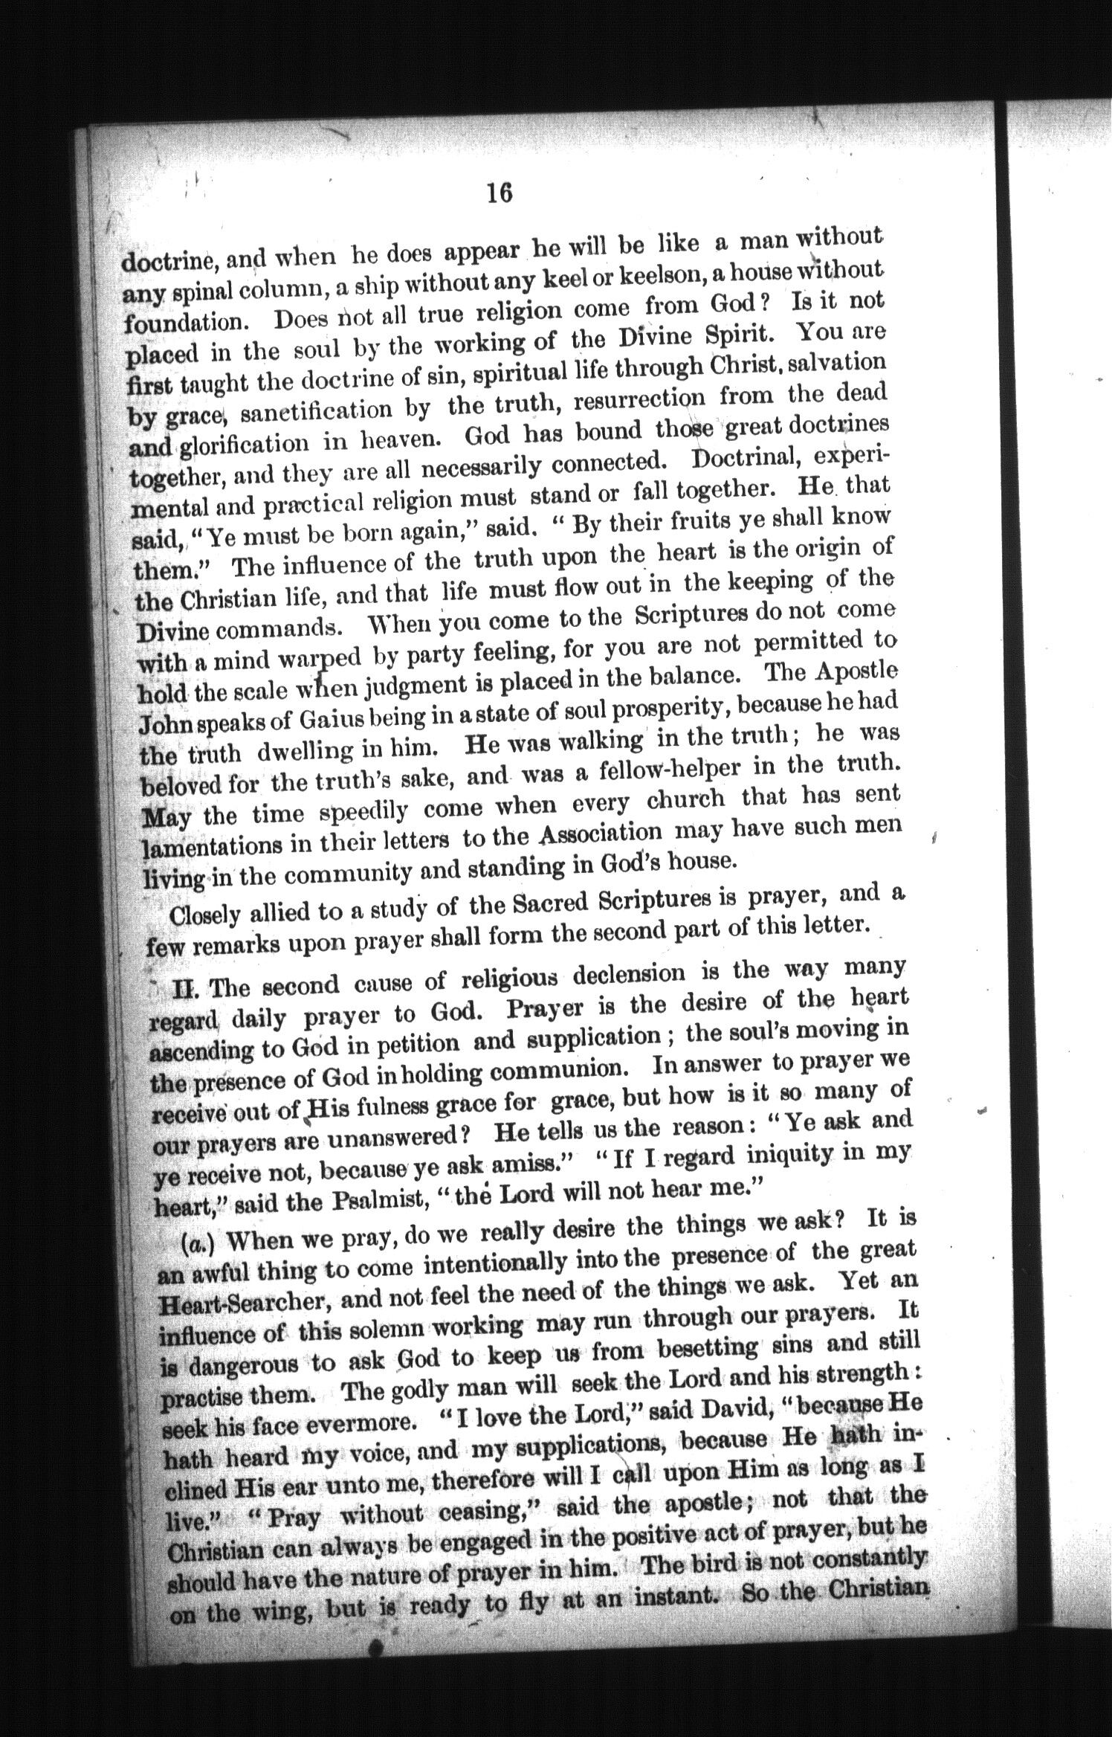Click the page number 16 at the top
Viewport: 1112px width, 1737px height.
[x=499, y=193]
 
